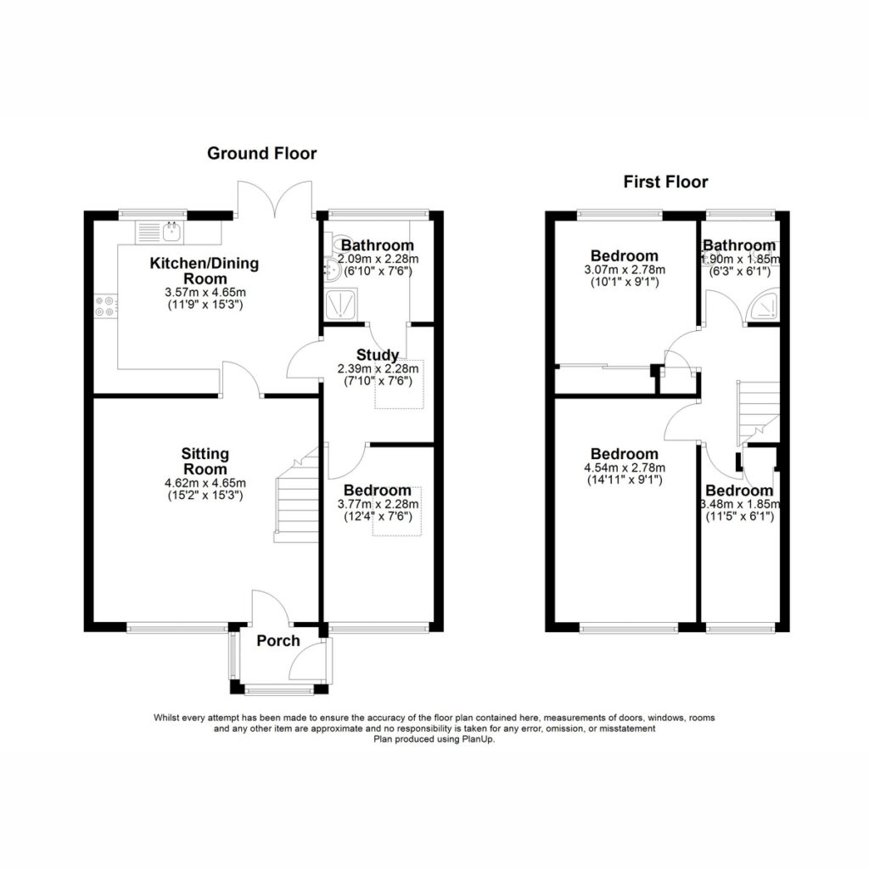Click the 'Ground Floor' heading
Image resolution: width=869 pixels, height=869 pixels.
pos(261,154)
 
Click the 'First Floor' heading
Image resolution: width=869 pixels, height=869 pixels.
pos(665,182)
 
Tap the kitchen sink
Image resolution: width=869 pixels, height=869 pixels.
pos(172,232)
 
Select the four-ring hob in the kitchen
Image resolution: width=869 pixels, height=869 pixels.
pos(105,306)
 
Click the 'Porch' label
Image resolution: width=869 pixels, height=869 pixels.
pos(278,641)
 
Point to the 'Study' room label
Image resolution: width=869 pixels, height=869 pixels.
pos(378,355)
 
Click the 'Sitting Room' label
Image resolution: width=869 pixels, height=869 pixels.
pos(205,461)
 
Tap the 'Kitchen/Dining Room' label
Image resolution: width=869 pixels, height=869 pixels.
pos(205,271)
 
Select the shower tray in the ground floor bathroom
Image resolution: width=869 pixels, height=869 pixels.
pos(341,304)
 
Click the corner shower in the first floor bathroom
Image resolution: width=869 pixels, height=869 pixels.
pos(764,305)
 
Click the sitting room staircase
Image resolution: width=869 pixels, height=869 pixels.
pos(296,495)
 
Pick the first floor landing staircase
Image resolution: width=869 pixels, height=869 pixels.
pos(758,413)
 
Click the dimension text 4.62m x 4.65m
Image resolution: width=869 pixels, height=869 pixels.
pos(205,483)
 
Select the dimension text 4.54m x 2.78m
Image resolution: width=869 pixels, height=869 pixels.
pos(625,468)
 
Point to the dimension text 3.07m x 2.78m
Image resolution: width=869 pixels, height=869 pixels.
pos(625,270)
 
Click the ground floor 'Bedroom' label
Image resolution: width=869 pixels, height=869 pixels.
pos(378,491)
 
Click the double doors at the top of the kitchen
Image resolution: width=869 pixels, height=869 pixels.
pos(274,198)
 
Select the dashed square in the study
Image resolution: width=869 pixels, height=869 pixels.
pos(400,384)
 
